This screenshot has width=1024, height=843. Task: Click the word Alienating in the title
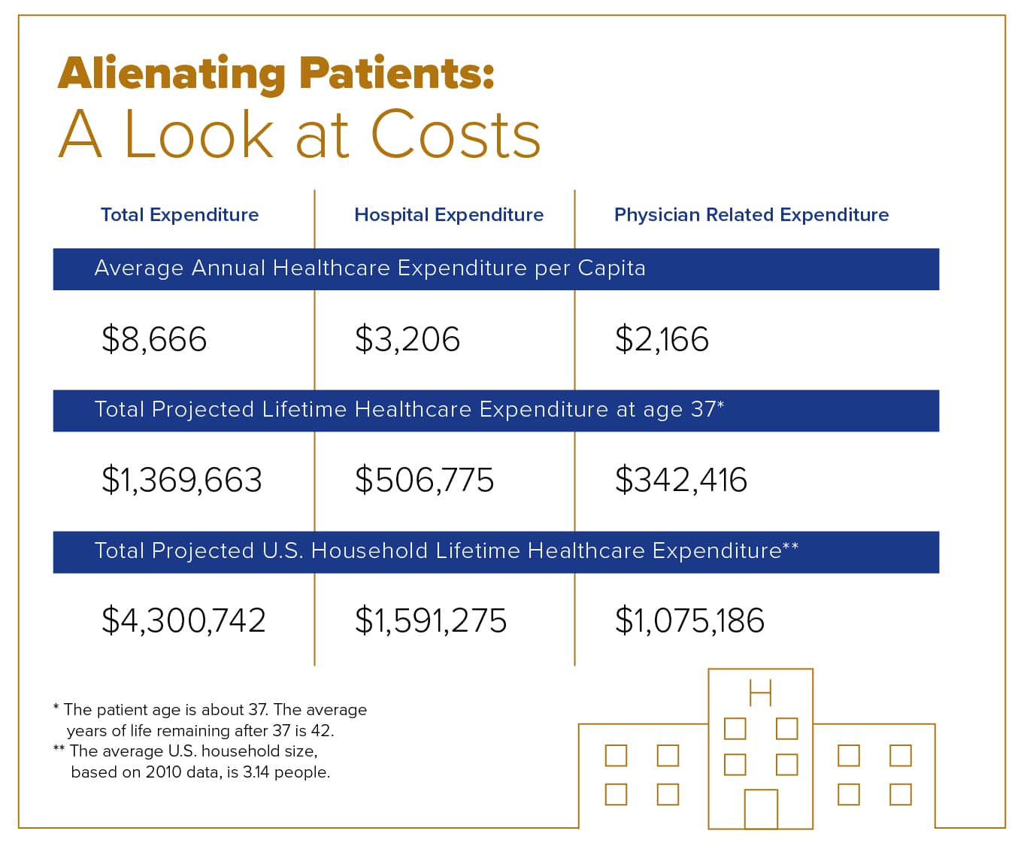point(171,74)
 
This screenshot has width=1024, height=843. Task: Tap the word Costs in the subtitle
point(456,135)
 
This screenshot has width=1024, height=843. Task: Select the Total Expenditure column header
point(180,215)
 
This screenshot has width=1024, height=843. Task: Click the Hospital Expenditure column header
point(449,215)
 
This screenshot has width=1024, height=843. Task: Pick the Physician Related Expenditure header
point(751,215)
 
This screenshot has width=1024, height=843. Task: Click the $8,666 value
point(154,339)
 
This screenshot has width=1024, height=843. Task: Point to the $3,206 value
point(407,339)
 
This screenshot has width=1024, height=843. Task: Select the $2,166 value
point(662,339)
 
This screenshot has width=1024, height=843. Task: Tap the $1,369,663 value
point(182,480)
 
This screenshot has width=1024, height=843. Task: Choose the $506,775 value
point(425,480)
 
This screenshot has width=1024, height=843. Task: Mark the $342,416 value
point(681,480)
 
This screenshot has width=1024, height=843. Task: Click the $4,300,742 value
point(184,620)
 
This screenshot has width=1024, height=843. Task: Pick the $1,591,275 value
point(431,620)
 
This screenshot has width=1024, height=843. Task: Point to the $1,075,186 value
point(689,620)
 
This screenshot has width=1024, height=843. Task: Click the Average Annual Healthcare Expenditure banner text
point(370,268)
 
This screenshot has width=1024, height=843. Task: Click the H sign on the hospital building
point(760,692)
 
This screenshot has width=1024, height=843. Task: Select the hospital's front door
point(760,809)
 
